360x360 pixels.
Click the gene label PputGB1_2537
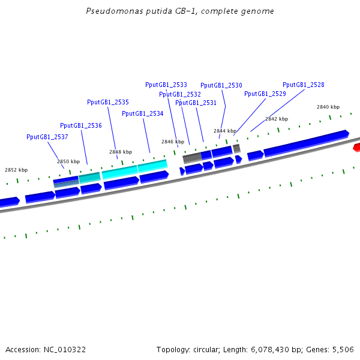pos(47,137)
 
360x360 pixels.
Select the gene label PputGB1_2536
pos(81,125)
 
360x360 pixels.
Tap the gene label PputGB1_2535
pos(108,102)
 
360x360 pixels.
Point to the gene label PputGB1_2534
pos(143,113)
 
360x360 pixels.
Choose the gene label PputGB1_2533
pos(166,85)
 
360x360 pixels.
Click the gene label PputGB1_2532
pos(180,94)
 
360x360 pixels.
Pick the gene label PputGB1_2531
pos(196,103)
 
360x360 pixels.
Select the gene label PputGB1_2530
pos(221,85)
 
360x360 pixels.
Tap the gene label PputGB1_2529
pos(265,94)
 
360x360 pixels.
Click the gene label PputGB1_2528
pos(304,85)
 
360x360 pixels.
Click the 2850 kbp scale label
pos(68,161)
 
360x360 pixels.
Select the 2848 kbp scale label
pos(121,152)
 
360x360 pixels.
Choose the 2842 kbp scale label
pos(277,119)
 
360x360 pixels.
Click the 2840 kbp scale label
pos(328,107)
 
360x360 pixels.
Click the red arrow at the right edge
pos(356,147)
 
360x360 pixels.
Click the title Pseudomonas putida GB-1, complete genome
pos(181,11)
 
